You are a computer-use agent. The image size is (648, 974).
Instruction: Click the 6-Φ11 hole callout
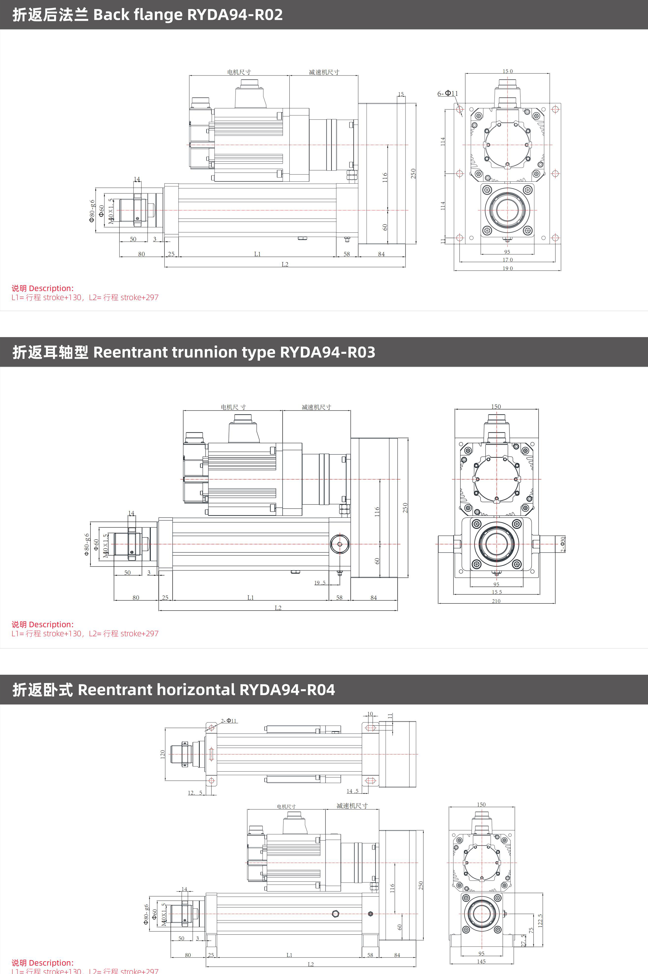pos(447,93)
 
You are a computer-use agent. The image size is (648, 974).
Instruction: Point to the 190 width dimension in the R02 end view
pos(508,268)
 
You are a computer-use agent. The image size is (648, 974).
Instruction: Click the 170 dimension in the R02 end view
pos(508,260)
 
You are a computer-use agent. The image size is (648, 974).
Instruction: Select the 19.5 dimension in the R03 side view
pos(320,583)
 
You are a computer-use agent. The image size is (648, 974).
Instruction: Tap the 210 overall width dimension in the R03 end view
pos(496,601)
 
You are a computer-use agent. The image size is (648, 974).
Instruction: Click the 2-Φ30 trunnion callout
pos(562,544)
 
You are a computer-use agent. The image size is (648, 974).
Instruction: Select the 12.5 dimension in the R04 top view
pos(195,792)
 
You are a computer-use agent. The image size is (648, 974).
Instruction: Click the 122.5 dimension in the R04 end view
pos(540,920)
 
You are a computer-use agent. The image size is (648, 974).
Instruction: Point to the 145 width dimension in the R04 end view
pos(482,961)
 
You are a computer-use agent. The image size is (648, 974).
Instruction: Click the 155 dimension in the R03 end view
pos(497,592)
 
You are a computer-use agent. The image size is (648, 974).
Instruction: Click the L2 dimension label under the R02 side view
pos(285,264)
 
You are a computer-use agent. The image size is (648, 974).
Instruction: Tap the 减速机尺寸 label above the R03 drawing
pos(317,407)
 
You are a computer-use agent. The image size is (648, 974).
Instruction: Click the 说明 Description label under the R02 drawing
pos(42,288)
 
